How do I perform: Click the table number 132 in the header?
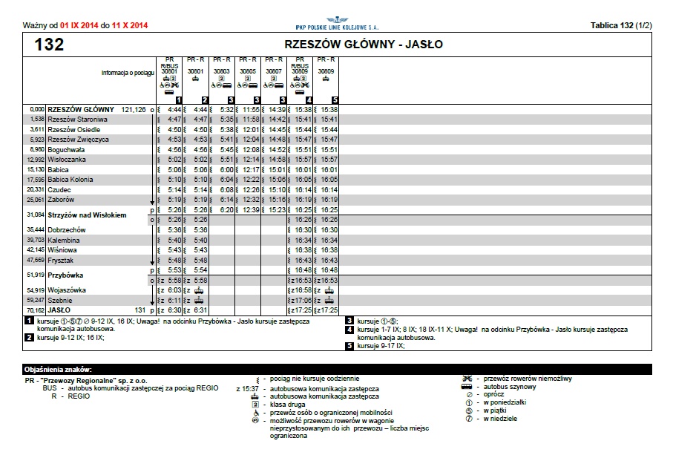click(x=49, y=45)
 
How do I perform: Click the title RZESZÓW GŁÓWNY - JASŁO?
click(x=364, y=45)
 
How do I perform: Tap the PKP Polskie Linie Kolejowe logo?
click(x=337, y=23)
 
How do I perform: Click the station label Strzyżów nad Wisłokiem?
click(x=87, y=215)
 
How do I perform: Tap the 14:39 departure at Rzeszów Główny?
click(x=277, y=109)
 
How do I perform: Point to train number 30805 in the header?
click(x=248, y=72)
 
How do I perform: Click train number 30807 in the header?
click(x=274, y=72)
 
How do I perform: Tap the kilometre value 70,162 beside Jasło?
click(x=35, y=310)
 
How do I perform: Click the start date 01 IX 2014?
click(x=79, y=26)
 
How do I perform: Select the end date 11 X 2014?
click(x=130, y=26)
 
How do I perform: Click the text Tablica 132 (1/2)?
click(x=621, y=25)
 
